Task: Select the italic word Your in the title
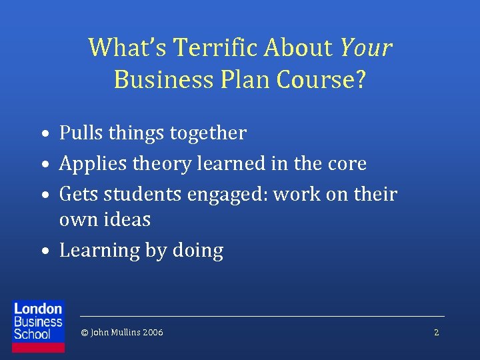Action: [365, 47]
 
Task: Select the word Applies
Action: [94, 163]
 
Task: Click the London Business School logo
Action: [38, 321]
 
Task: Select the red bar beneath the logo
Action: [38, 347]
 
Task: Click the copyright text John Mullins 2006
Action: [121, 332]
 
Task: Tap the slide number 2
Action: [436, 332]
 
